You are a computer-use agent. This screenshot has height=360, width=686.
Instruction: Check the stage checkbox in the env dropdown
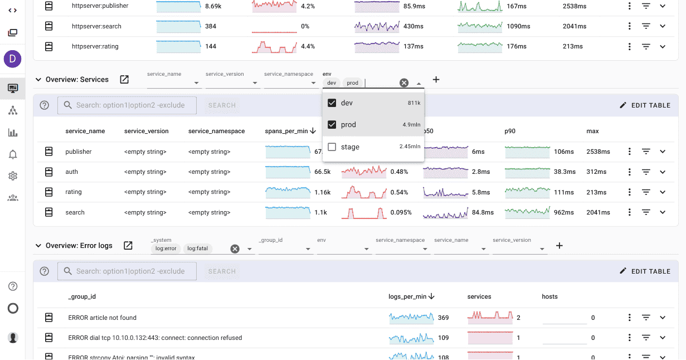(332, 147)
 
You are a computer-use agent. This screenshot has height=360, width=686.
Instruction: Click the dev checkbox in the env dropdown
(332, 103)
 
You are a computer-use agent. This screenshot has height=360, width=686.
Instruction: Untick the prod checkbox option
(332, 125)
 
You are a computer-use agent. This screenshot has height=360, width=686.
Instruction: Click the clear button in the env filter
(404, 83)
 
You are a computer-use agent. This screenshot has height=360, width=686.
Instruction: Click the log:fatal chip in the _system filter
(197, 249)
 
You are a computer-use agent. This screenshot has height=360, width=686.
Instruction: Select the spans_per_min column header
(286, 131)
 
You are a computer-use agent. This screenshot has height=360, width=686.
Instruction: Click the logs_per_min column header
(407, 296)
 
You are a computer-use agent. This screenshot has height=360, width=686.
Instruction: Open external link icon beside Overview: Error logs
(128, 246)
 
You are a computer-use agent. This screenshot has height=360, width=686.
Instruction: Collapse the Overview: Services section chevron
(38, 80)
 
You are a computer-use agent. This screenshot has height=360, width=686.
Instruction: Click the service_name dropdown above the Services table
(173, 82)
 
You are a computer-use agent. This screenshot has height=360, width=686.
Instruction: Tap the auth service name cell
(72, 172)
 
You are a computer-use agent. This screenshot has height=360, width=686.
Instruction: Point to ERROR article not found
(102, 318)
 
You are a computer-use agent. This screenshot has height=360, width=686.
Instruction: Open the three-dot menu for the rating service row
(629, 192)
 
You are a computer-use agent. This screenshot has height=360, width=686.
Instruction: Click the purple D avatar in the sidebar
(13, 59)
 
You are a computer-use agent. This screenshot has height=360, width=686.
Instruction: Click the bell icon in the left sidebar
(13, 155)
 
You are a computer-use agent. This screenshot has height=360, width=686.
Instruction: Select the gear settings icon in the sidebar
(13, 176)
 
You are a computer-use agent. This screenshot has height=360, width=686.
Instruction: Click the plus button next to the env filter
(436, 80)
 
